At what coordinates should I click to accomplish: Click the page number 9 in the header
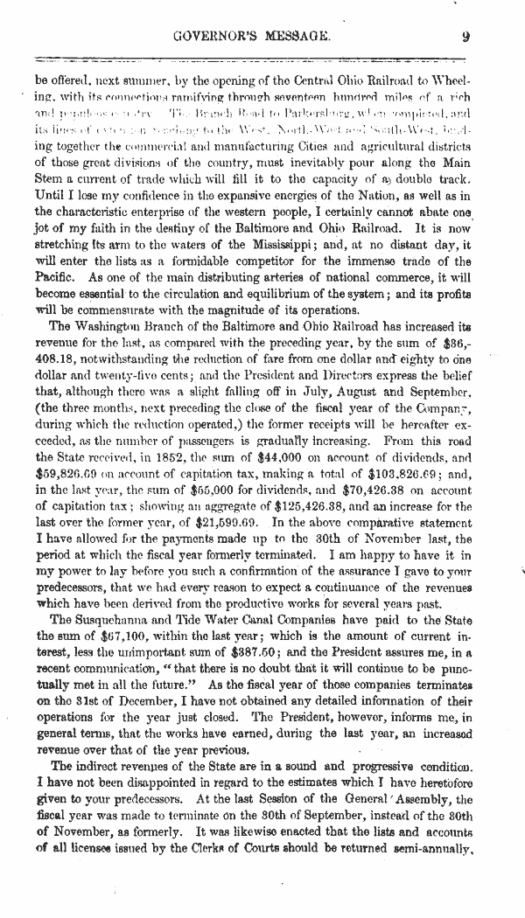[x=467, y=37]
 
